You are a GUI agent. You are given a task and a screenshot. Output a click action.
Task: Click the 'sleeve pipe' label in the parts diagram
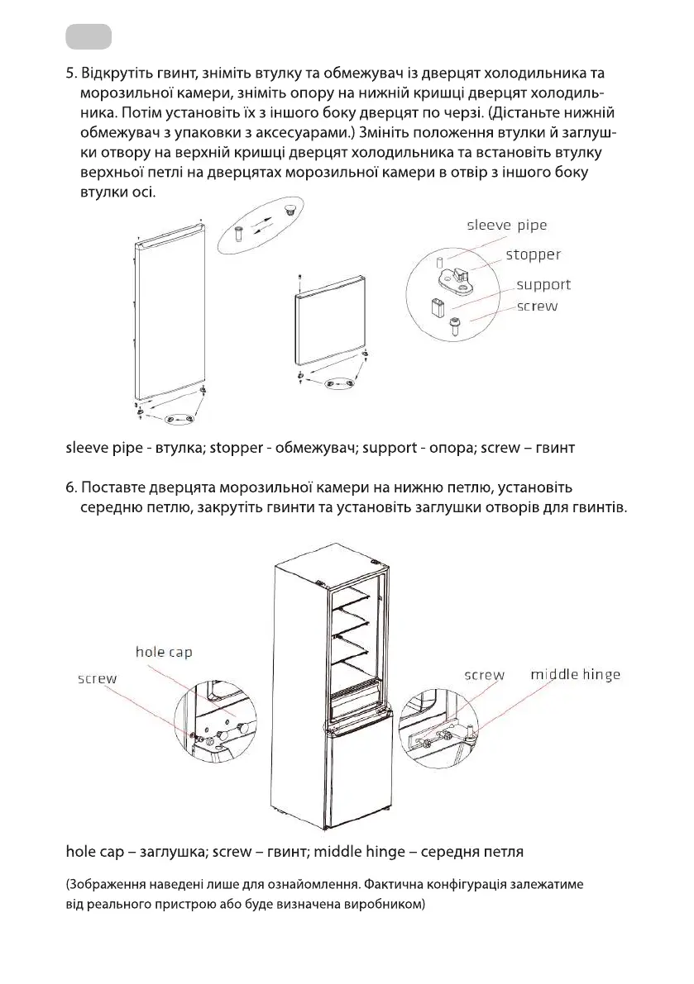click(x=506, y=225)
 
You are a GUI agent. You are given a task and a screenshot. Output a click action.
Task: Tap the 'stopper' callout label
click(x=533, y=254)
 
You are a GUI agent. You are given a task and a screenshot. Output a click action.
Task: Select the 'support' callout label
click(x=543, y=285)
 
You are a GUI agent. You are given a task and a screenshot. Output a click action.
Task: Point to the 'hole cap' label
click(x=164, y=652)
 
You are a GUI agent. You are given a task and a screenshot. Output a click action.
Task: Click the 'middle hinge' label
click(x=575, y=674)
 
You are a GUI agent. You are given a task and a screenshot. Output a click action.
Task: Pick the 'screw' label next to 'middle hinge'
click(x=484, y=674)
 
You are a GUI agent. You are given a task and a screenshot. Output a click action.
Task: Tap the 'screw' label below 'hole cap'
click(x=97, y=678)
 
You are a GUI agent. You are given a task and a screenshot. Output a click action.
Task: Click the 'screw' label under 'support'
click(x=537, y=306)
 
